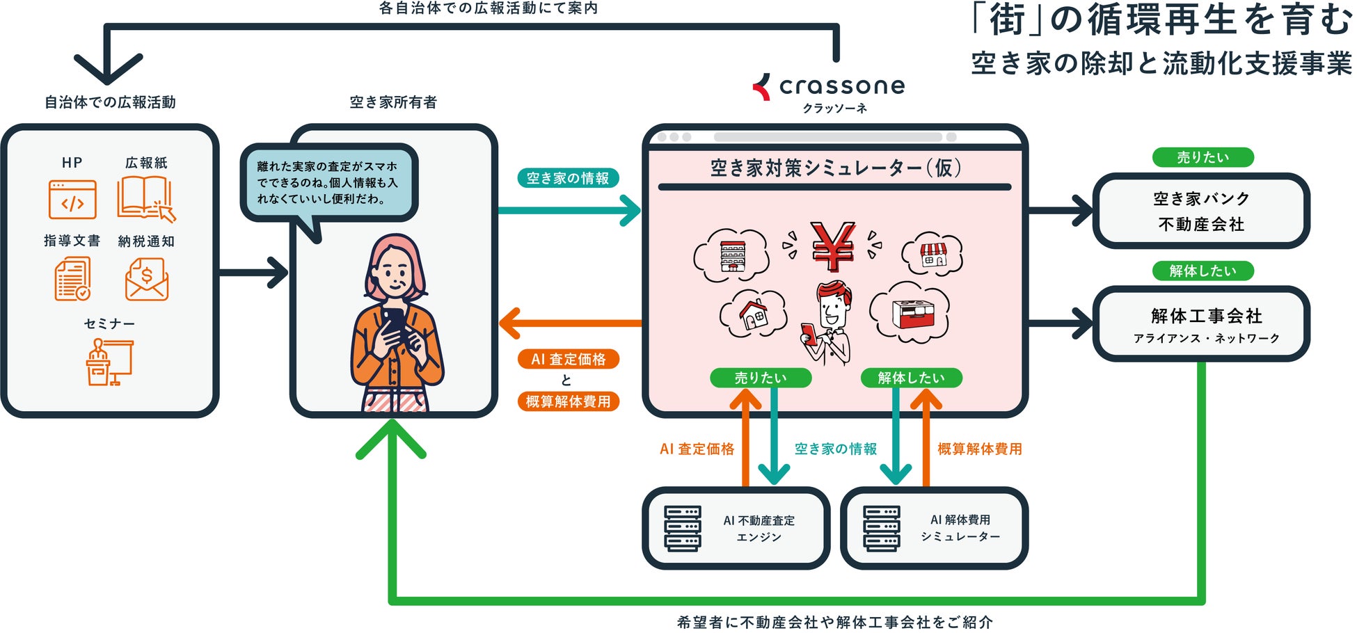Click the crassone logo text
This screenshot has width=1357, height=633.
click(x=841, y=86)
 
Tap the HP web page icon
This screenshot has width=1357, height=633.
click(x=72, y=200)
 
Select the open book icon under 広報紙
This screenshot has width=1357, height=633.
click(x=145, y=198)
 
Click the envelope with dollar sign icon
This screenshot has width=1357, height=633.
click(x=146, y=279)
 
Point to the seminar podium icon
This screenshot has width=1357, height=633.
click(x=109, y=362)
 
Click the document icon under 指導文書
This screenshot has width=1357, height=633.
click(x=72, y=279)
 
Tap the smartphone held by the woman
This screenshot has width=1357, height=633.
click(x=393, y=324)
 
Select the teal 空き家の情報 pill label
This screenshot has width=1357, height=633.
click(x=567, y=179)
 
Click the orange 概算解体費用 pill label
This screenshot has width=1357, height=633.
click(x=568, y=401)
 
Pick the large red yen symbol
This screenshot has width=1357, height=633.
click(x=833, y=246)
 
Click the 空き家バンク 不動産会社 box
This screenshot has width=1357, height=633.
click(x=1201, y=211)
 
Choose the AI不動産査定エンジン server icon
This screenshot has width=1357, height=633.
click(x=682, y=529)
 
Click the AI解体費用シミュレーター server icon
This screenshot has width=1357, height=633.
click(x=881, y=529)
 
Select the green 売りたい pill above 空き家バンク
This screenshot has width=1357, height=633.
click(x=1203, y=158)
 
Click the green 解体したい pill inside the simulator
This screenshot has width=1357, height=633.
click(x=911, y=378)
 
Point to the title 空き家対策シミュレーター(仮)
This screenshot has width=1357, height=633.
click(x=835, y=168)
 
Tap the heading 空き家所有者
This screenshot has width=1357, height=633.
click(x=393, y=103)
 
